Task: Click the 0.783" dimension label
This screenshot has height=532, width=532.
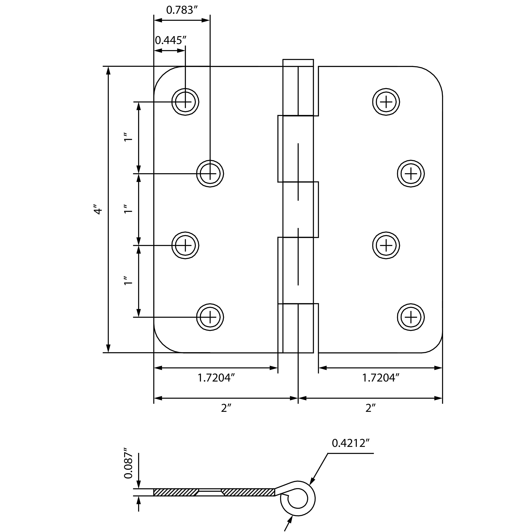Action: click(x=182, y=10)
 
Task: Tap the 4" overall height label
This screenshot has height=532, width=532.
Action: click(x=98, y=209)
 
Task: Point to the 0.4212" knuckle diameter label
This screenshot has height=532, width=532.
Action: click(x=350, y=443)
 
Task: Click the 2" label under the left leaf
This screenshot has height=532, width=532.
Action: click(x=226, y=408)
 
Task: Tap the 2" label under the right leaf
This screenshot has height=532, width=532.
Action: click(x=370, y=408)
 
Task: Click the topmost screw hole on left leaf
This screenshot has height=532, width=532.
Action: click(x=185, y=102)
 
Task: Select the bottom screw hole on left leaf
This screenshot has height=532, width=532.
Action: click(x=210, y=317)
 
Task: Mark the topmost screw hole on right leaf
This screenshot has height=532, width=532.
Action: click(x=386, y=102)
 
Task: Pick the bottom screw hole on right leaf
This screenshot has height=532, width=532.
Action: click(x=411, y=317)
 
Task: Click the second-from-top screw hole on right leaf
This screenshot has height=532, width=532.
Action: click(x=411, y=174)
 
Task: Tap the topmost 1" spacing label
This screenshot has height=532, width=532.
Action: click(x=128, y=137)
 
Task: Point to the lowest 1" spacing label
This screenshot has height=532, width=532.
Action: click(x=128, y=281)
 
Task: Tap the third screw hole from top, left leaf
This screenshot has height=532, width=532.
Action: click(x=185, y=245)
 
